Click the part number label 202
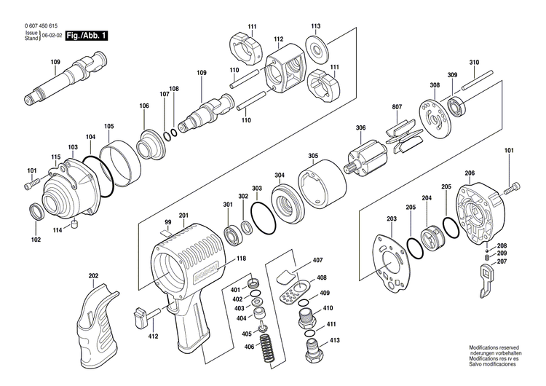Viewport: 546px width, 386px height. click(93, 276)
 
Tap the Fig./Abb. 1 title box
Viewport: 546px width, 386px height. click(85, 35)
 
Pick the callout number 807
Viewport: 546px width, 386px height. click(397, 108)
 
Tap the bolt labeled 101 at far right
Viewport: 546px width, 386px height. click(513, 189)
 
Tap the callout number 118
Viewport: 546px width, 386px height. click(241, 259)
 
